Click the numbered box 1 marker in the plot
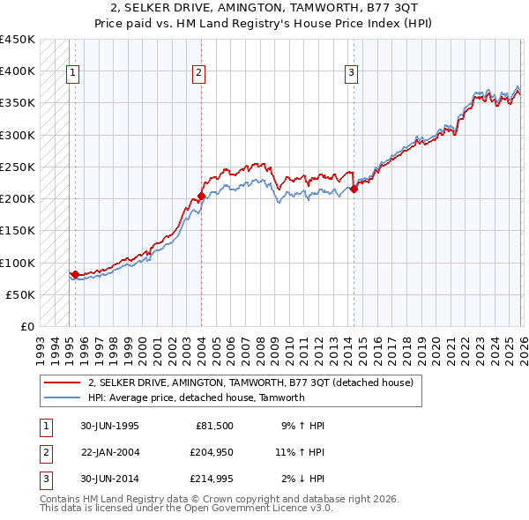point(72,73)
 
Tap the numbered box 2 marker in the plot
point(199,73)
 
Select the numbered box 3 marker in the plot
point(351,73)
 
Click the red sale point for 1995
point(76,274)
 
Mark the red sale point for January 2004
point(201,196)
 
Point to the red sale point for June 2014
point(354,189)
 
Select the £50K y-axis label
point(21,294)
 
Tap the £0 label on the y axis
point(26,326)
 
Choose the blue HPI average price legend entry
point(196,397)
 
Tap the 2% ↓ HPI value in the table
point(304,479)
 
